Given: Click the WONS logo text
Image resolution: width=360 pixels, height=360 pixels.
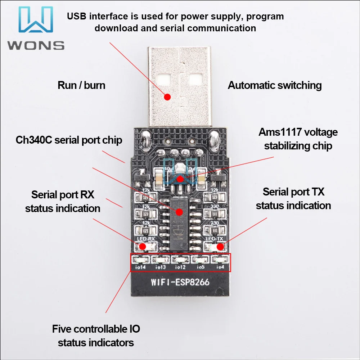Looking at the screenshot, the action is tap(36, 45).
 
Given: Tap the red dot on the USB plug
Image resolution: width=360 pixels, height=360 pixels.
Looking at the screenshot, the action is tap(167, 96).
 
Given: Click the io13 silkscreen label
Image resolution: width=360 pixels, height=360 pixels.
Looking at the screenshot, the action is tap(160, 267).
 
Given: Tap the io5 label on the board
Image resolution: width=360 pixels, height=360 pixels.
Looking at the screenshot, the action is tap(201, 267).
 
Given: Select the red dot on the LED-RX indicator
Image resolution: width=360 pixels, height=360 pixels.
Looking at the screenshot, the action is tap(143, 246).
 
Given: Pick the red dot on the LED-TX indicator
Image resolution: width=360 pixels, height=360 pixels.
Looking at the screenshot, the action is tap(219, 246).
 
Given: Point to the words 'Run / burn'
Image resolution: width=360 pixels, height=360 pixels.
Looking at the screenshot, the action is tap(81, 85).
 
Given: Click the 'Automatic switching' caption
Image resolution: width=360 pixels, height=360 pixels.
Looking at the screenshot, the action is tap(275, 85).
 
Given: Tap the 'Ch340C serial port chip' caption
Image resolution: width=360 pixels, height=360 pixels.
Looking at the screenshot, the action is tap(69, 140).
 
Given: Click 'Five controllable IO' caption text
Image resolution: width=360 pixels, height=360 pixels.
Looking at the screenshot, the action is tap(96, 329).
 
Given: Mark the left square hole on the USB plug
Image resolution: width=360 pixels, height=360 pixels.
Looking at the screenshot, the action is tap(163, 78).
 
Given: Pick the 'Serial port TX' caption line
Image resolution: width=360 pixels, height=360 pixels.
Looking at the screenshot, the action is tap(293, 192).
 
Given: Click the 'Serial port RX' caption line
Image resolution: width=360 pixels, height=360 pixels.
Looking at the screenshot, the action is tap(63, 195).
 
